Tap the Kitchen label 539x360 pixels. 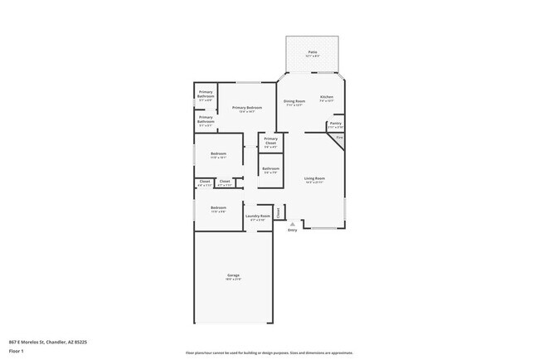pyautogui.click(x=327, y=98)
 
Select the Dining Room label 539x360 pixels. pyautogui.click(x=295, y=101)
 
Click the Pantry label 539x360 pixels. pyautogui.click(x=335, y=124)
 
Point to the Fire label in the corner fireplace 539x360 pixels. pyautogui.click(x=338, y=137)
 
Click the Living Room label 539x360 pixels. pyautogui.click(x=314, y=178)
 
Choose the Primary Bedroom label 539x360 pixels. pyautogui.click(x=247, y=108)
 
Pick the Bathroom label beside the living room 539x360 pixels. pyautogui.click(x=271, y=168)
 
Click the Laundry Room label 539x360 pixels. pyautogui.click(x=258, y=216)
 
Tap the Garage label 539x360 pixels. pyautogui.click(x=233, y=275)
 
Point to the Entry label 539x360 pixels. pyautogui.click(x=292, y=230)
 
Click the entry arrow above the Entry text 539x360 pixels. pyautogui.click(x=292, y=224)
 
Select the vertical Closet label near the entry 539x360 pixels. pyautogui.click(x=279, y=212)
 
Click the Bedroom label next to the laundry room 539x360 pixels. pyautogui.click(x=218, y=207)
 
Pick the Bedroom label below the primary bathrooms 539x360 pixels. pyautogui.click(x=218, y=153)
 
